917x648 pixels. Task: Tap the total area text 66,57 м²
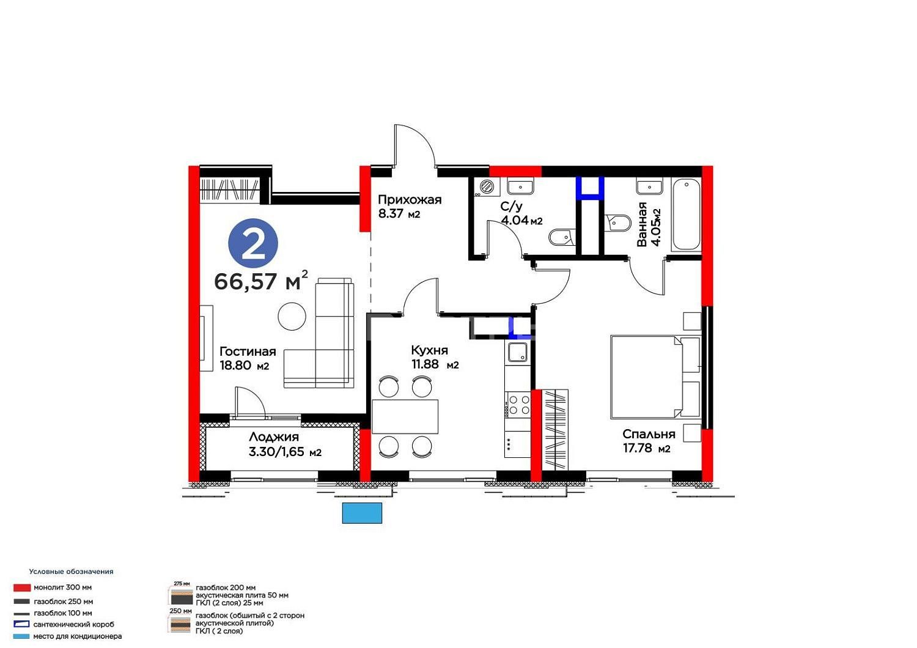tap(261, 281)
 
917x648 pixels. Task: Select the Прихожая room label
tap(410, 200)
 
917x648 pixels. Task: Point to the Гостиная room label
tap(248, 352)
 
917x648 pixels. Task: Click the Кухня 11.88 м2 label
tap(435, 357)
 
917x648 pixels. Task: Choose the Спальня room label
tap(649, 434)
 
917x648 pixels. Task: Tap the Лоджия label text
tap(274, 437)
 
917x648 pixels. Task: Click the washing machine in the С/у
tap(488, 187)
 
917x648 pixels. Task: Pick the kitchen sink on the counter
tap(518, 353)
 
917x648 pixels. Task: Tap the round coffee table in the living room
tap(292, 316)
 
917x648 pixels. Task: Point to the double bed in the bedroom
tap(655, 377)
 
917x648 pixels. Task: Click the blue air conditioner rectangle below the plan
tap(362, 513)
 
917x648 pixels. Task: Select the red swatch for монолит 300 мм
tap(21, 587)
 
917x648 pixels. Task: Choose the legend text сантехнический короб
tap(74, 624)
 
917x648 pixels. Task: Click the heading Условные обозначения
tap(72, 572)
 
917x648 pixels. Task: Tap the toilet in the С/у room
tap(562, 237)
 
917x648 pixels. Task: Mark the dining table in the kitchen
tap(405, 416)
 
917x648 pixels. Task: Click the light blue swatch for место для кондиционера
tap(21, 636)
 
